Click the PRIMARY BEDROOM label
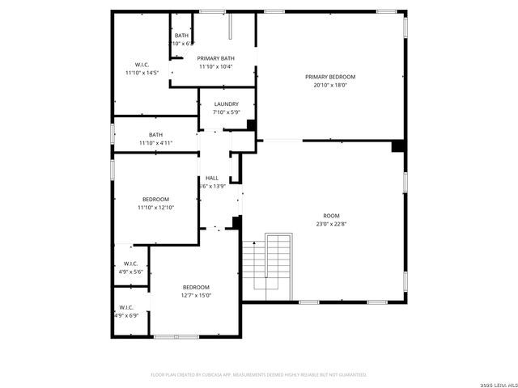click(330, 77)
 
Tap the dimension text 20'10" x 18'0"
click(330, 85)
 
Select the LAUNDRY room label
click(226, 104)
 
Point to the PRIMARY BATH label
click(215, 58)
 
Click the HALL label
click(211, 178)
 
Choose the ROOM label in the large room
click(331, 216)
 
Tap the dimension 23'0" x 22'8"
click(331, 224)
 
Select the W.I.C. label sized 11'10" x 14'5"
click(141, 65)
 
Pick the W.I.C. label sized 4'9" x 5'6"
click(129, 264)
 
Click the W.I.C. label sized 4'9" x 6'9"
click(126, 307)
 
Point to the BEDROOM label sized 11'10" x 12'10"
click(155, 200)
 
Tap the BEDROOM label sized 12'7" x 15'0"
click(195, 288)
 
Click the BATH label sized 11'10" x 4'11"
click(155, 135)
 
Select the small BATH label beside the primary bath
click(181, 36)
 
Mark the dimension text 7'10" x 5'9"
click(226, 112)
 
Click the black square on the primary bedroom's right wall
click(397, 146)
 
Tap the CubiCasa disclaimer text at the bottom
click(259, 374)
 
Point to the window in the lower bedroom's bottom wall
click(176, 335)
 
